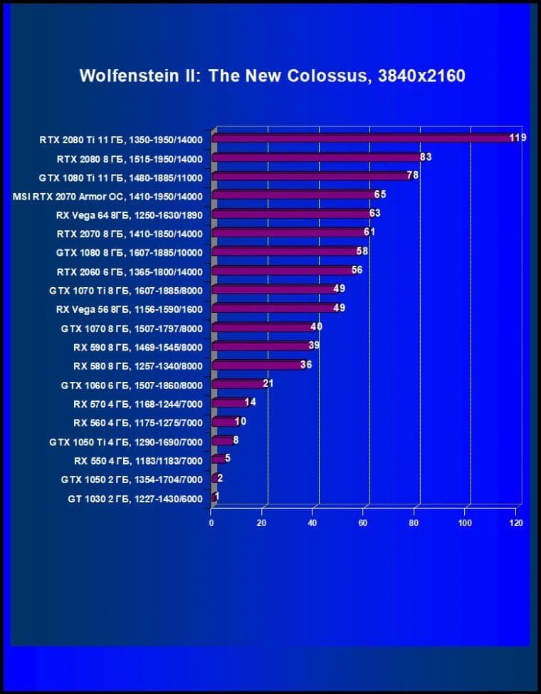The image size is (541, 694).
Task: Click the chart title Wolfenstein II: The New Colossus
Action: pos(272,76)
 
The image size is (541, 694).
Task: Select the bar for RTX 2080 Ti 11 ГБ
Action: pos(363,138)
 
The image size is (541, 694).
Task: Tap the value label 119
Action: pos(518,138)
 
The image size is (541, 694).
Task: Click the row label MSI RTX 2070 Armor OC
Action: pos(108,196)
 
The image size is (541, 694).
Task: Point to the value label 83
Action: pos(426,157)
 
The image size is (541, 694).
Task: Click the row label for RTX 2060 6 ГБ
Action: pos(130,271)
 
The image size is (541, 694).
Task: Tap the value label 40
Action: pos(317,326)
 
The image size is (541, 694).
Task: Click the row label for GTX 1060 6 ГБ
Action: pos(132,385)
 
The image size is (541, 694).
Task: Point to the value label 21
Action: pos(268,383)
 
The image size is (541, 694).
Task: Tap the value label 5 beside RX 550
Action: pos(228,458)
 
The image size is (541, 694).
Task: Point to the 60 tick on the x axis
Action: pos(364,523)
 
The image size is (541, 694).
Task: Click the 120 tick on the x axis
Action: pos(516,523)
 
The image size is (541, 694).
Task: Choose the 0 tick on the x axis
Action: pos(211,523)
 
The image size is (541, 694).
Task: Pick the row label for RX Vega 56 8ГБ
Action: pos(129,309)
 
